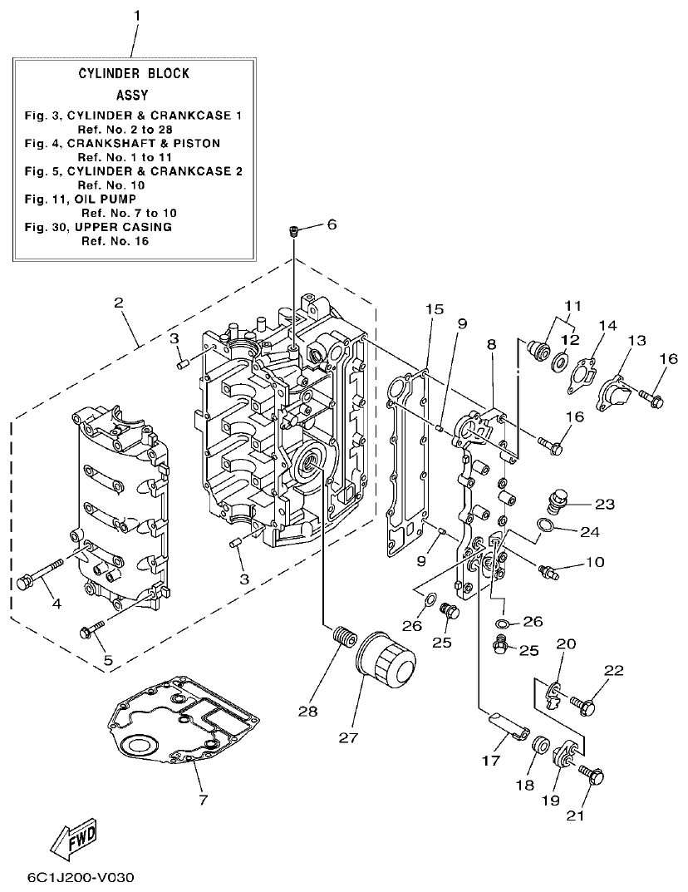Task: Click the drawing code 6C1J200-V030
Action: tap(80, 877)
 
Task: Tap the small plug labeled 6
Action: tap(293, 230)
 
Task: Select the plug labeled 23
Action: tap(556, 501)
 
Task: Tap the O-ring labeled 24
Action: tap(542, 525)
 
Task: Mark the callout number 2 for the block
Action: tap(119, 303)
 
